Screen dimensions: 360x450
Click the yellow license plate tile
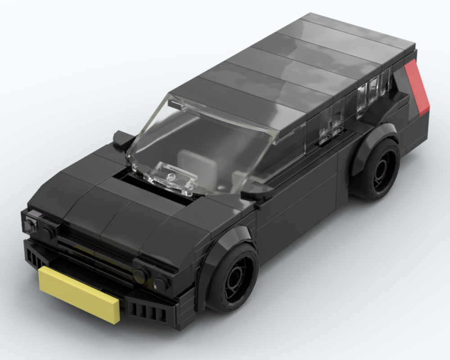(x=79, y=294)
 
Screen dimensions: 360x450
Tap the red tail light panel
(x=418, y=87)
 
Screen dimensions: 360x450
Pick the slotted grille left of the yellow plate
(x=35, y=258)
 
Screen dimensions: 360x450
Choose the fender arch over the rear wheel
(x=374, y=135)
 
